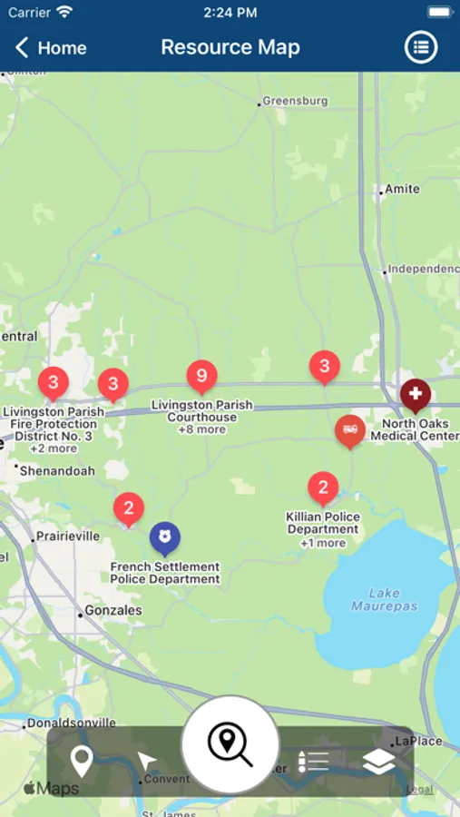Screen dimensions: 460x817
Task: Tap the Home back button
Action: tap(51, 48)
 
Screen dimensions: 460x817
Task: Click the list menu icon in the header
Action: tap(420, 48)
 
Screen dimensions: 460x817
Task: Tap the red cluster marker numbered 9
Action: tap(201, 375)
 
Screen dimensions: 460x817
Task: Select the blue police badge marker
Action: tap(164, 537)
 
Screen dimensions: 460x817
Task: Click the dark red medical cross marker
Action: tap(416, 395)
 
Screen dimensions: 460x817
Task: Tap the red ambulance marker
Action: tap(349, 429)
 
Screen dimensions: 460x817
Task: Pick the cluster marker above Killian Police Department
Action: tap(323, 487)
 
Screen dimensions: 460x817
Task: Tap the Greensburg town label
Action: tap(294, 102)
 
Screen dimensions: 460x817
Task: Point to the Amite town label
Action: tap(402, 189)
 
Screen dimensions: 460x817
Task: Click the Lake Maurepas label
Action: tap(385, 599)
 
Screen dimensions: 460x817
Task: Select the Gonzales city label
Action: tap(113, 611)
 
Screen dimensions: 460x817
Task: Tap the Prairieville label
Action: tap(66, 536)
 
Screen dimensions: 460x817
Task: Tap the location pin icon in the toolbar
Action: tap(82, 761)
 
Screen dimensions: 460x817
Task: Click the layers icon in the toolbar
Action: tap(378, 762)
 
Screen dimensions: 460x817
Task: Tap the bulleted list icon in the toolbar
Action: tap(313, 762)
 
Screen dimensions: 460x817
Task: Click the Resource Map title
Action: tap(230, 48)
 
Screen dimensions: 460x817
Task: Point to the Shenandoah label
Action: tap(56, 470)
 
